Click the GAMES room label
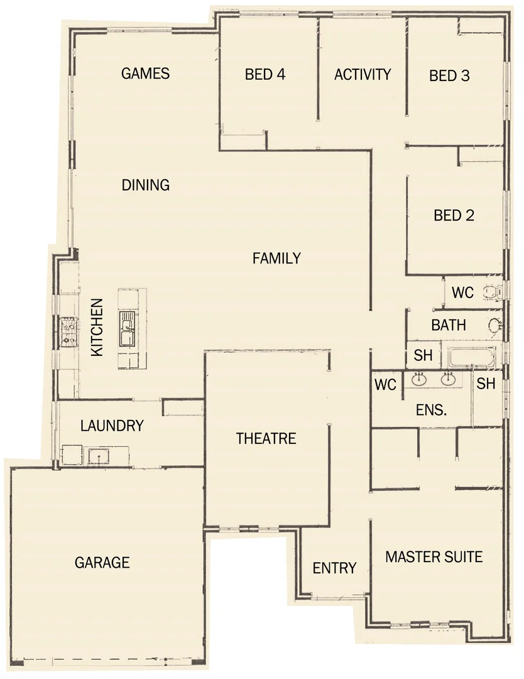click(x=145, y=74)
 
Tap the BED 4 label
click(x=265, y=74)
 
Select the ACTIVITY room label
click(x=363, y=74)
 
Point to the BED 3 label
click(x=449, y=76)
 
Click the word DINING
click(x=146, y=185)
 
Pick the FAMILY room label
click(x=276, y=258)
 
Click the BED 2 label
click(x=454, y=216)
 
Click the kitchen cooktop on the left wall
click(x=68, y=332)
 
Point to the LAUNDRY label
click(x=112, y=426)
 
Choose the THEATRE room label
click(x=266, y=438)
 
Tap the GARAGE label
click(x=102, y=562)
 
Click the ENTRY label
click(x=334, y=568)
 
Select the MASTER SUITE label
click(x=434, y=556)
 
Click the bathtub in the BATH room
click(x=471, y=356)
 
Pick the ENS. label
click(x=432, y=411)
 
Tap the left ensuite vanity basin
click(x=419, y=379)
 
